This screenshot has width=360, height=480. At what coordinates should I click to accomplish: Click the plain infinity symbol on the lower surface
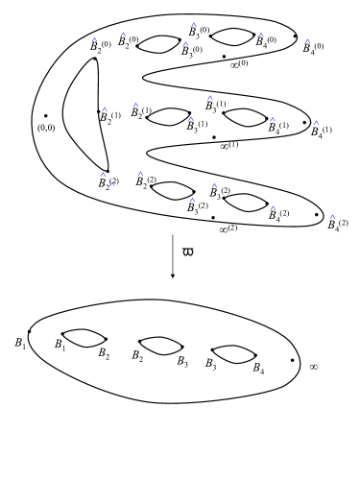[x=313, y=367]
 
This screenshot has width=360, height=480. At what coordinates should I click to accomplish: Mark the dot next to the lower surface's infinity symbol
[x=292, y=362]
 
